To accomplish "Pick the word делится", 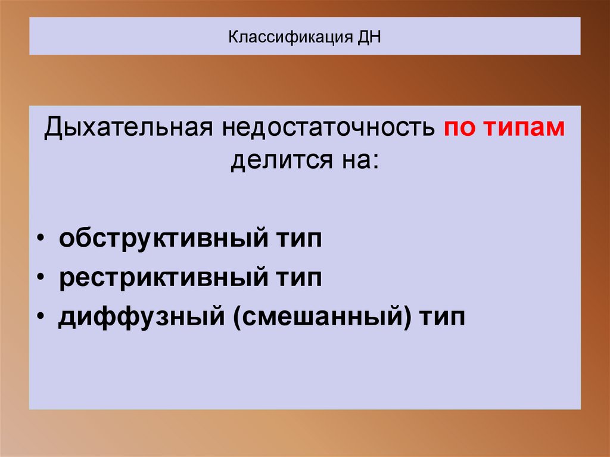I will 274,160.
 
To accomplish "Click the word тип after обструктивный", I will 297,240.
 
